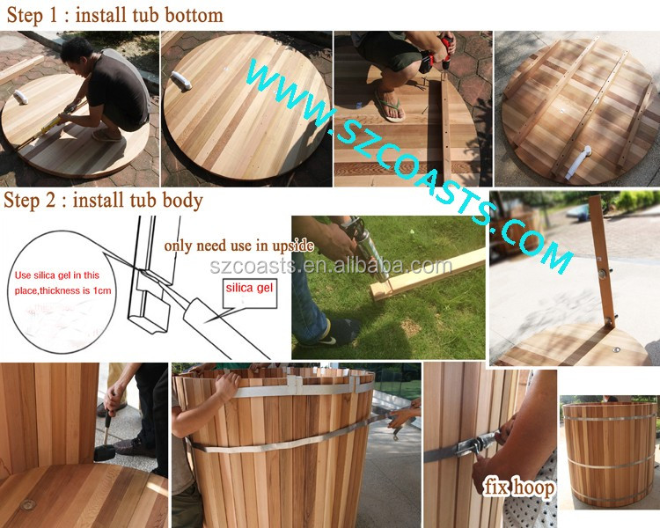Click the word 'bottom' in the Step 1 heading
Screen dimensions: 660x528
[x=194, y=15]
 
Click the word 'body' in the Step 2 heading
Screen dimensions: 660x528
[x=183, y=200]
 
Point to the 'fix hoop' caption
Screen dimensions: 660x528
[x=518, y=488]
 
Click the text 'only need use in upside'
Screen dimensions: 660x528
[x=238, y=246]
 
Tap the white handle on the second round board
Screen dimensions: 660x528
[x=181, y=80]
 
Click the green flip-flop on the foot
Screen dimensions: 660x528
[x=390, y=107]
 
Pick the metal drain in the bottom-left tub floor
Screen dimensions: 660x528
[x=28, y=503]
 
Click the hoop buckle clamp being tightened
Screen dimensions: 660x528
[x=474, y=445]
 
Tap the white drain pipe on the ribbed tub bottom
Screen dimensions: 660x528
[x=576, y=162]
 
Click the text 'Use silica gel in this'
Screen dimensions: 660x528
[x=57, y=275]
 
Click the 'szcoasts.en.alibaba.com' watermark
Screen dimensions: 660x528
[x=330, y=266]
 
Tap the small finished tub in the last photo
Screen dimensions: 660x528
[x=609, y=454]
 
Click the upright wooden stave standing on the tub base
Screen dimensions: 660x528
[x=602, y=261]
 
